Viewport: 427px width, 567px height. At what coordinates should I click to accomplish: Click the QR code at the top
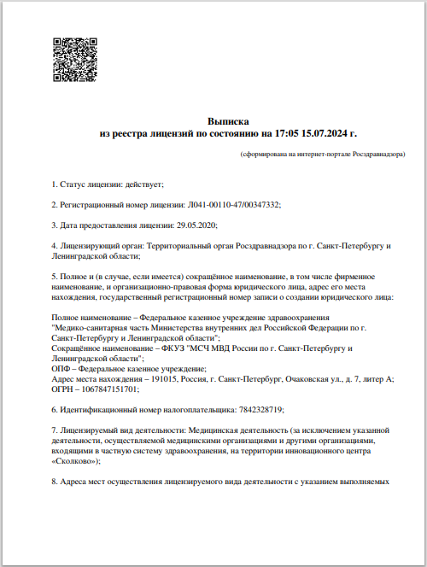[x=73, y=59]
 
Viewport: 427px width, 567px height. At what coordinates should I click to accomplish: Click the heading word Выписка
[x=228, y=123]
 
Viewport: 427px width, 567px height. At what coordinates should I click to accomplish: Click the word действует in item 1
[x=143, y=184]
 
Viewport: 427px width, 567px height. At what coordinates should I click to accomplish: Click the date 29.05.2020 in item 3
[x=196, y=225]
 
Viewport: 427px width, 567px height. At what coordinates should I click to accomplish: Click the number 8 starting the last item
[x=54, y=482]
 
